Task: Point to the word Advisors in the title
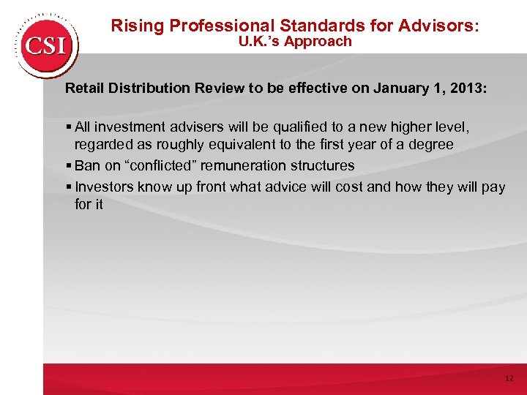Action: (x=440, y=26)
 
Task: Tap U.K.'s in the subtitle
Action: (x=259, y=42)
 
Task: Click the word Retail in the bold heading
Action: (x=86, y=89)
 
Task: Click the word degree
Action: (x=431, y=146)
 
